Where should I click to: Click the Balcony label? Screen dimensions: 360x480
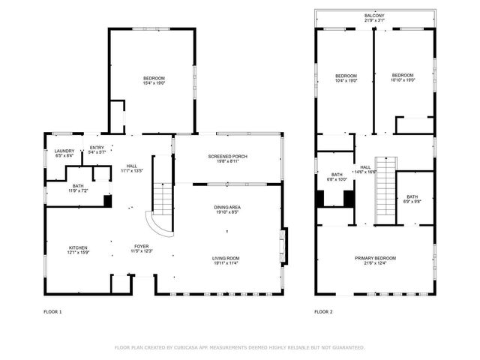coord(374,16)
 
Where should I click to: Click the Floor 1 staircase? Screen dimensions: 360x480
coord(163,196)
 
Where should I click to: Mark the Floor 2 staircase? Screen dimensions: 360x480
coord(384,189)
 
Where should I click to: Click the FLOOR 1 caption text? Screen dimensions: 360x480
coord(53,310)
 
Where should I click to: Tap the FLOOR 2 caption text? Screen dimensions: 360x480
coord(323,310)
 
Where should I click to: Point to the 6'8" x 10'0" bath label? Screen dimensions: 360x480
coord(337,177)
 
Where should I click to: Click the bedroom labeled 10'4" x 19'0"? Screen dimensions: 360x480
coord(346,78)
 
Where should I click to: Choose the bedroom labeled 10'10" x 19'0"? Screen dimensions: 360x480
coord(403,78)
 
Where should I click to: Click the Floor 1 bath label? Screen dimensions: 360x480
coord(78,188)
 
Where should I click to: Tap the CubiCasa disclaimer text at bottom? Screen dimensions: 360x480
coord(239,347)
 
